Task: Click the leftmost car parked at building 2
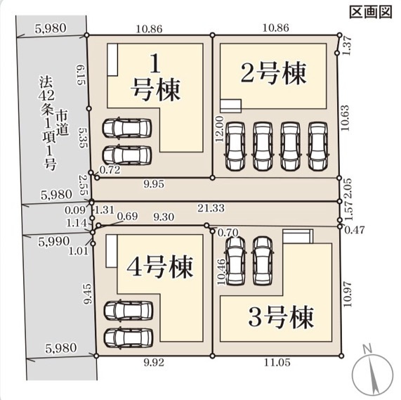click(x=235, y=146)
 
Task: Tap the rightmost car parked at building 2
click(x=319, y=146)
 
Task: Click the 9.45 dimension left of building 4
click(x=87, y=295)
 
